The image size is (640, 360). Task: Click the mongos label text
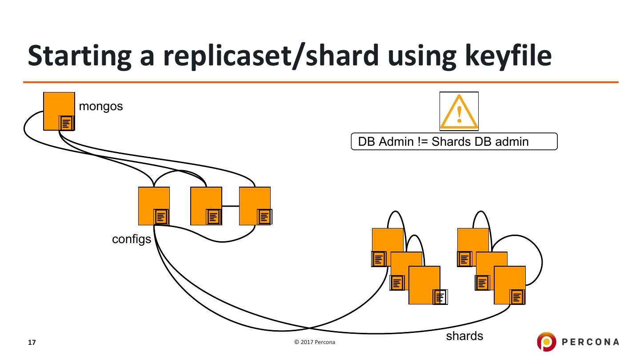101,107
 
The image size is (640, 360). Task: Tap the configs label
132,240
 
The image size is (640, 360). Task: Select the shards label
464,336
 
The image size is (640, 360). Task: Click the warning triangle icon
459,112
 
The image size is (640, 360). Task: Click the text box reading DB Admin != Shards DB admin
454,141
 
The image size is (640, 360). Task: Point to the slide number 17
32,342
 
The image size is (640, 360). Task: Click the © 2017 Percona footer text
315,342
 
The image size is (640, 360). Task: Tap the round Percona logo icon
546,341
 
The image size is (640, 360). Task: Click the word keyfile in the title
508,56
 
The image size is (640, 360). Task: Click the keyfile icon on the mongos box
67,124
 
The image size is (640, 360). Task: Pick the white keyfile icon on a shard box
440,297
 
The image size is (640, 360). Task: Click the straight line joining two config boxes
231,206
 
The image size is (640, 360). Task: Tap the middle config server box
206,206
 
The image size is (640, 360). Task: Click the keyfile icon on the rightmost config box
264,217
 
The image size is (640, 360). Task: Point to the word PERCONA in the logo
590,342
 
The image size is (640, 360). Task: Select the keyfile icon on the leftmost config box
161,217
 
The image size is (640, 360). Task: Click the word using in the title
422,57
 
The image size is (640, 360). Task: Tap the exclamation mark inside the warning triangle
460,114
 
